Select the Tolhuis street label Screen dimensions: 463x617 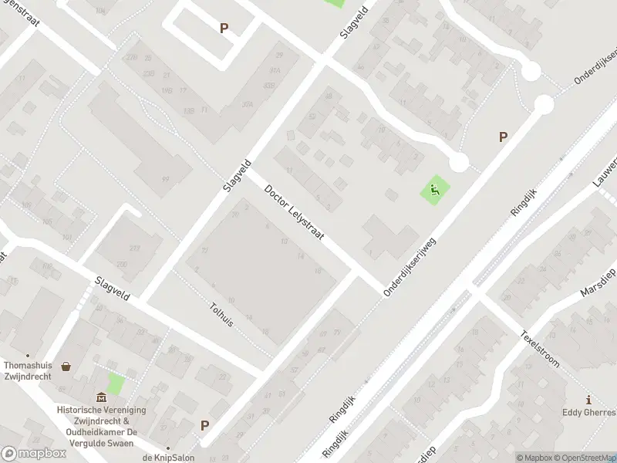pos(221,314)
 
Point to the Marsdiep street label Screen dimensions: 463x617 pos(598,283)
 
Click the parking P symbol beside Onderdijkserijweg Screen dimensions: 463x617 pos(503,137)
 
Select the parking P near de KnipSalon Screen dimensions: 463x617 pos(204,425)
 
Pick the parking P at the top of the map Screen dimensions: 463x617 pos(224,28)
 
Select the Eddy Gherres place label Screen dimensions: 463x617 pos(591,413)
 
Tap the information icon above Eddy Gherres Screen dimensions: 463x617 pos(589,400)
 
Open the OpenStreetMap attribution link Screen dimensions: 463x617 pos(586,458)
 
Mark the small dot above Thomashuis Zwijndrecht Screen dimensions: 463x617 pos(29,355)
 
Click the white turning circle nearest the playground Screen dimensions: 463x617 pos(459,163)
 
